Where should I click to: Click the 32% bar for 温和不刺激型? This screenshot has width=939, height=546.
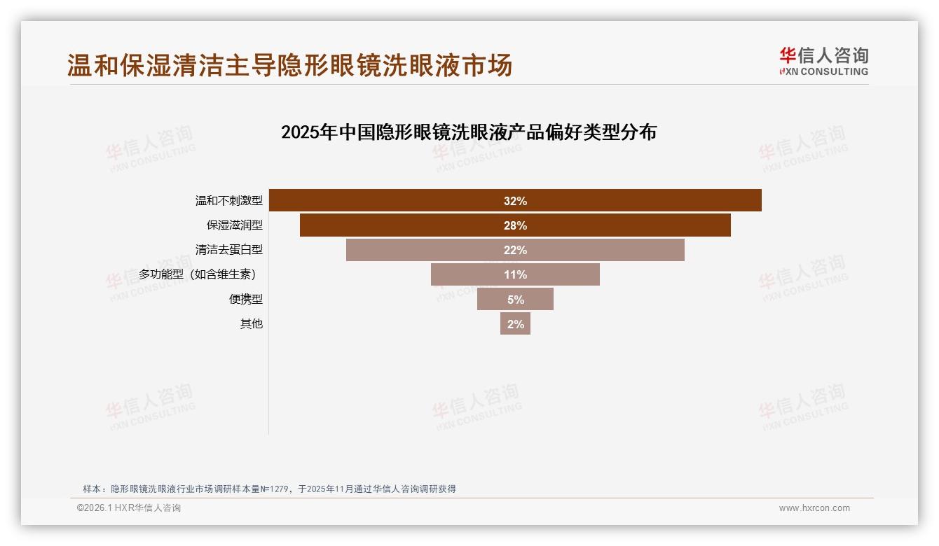631,200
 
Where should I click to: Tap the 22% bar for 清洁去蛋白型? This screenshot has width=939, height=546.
596,250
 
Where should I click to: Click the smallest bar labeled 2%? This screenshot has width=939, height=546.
515,323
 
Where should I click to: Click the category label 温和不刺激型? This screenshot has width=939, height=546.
228,201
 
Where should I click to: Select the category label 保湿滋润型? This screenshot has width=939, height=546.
234,225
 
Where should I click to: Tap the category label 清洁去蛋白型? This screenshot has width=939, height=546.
228,250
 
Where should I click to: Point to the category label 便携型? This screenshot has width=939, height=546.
245,299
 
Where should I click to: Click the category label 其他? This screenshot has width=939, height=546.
251,323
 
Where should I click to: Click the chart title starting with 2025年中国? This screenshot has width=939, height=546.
468,132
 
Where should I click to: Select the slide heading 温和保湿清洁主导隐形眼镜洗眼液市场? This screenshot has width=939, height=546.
289,65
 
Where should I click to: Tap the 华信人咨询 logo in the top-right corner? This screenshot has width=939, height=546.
823,61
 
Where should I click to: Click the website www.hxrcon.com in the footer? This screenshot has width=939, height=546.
814,508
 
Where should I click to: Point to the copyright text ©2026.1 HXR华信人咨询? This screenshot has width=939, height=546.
129,508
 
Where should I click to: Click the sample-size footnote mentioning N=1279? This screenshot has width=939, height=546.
269,489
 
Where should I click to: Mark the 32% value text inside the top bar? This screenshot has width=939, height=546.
515,201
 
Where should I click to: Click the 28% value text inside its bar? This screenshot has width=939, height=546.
515,225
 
